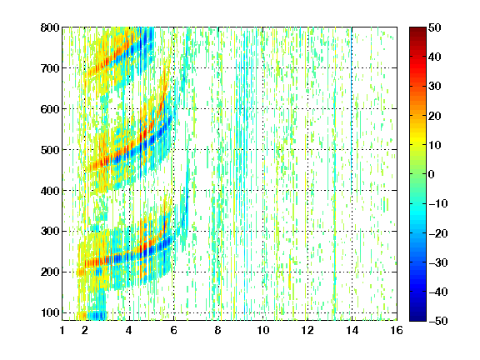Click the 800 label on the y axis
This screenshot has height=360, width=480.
[50, 27]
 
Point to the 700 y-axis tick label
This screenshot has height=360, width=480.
[50, 68]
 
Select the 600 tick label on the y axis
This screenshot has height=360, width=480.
[50, 109]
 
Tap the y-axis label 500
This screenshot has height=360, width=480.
[50, 150]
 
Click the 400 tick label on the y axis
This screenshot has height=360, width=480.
[50, 191]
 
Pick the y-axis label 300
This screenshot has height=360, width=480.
[50, 232]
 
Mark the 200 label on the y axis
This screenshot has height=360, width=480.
[50, 272]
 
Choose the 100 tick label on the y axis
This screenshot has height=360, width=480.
[50, 312]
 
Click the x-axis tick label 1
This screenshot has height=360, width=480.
[62, 330]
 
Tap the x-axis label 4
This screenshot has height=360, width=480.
[129, 330]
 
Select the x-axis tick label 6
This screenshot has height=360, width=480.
[174, 330]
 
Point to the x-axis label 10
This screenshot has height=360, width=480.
[263, 330]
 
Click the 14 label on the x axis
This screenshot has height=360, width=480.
[352, 330]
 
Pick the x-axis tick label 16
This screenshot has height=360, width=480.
[397, 330]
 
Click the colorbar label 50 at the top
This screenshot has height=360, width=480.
[434, 27]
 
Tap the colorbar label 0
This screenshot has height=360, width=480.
[432, 174]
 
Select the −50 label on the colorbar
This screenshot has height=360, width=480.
[438, 321]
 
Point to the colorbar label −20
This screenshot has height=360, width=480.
[438, 233]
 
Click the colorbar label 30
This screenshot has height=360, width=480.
[434, 87]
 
